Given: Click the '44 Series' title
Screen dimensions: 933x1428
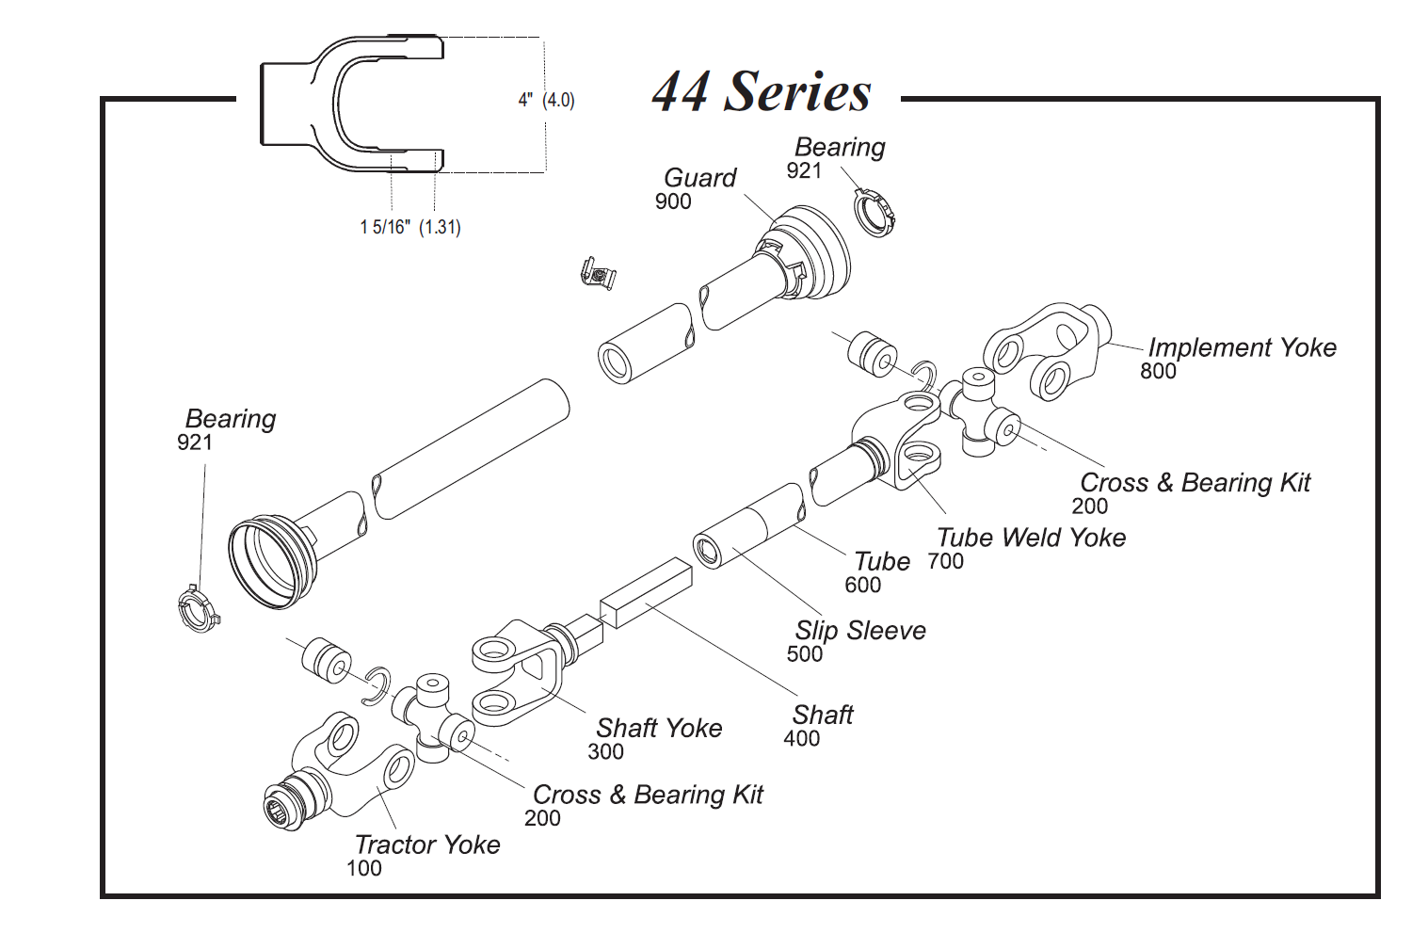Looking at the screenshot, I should (x=762, y=91).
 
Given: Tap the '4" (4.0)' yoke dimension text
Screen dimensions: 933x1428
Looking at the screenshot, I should (x=546, y=100).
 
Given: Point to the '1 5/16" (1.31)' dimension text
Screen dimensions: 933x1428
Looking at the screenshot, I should (x=410, y=227).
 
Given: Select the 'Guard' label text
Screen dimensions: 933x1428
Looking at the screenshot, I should (x=699, y=177).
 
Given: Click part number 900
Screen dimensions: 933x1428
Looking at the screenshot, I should (x=673, y=201).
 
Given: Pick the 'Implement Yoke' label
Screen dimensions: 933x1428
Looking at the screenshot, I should (x=1242, y=347).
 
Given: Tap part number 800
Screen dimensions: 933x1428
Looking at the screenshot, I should (x=1158, y=372).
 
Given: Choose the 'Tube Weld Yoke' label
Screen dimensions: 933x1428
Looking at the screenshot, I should (x=1031, y=538).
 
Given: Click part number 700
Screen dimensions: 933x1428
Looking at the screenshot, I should (x=945, y=562).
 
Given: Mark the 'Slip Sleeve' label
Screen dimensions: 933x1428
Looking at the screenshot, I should (x=860, y=631).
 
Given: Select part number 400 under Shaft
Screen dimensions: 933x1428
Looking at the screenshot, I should (x=801, y=739).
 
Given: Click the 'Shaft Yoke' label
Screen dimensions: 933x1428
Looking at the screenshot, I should (x=659, y=728).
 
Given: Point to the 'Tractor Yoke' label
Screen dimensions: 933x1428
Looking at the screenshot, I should (x=427, y=845).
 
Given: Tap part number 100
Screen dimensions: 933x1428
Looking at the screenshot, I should (x=364, y=869).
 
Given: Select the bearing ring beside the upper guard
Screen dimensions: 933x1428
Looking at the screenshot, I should (x=876, y=213).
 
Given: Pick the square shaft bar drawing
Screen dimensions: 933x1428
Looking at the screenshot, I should (x=646, y=592).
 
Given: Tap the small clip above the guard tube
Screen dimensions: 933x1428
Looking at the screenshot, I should (x=598, y=274).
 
